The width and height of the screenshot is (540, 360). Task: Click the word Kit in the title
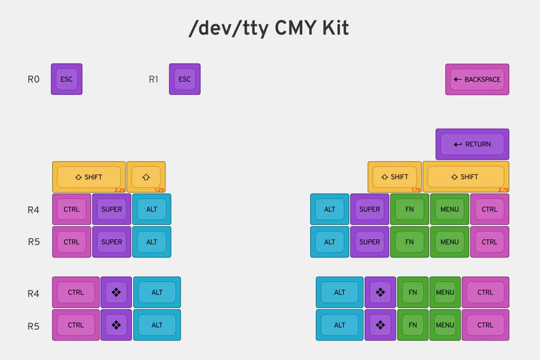click(331, 28)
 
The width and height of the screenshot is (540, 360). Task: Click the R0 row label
click(33, 79)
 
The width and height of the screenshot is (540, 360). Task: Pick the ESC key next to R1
click(184, 79)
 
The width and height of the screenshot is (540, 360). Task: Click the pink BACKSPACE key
click(477, 79)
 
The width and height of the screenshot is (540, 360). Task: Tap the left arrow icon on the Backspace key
click(457, 79)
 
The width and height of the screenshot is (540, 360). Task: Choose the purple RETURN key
click(472, 144)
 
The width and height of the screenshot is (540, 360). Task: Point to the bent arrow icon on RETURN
click(457, 144)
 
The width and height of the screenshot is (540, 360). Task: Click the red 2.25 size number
click(119, 190)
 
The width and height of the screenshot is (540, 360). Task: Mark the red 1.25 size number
click(159, 190)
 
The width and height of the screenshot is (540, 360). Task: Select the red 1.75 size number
click(415, 190)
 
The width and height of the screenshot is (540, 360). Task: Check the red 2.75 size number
click(503, 190)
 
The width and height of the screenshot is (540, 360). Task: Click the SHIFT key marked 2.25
click(88, 176)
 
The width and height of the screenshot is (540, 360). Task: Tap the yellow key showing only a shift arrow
click(146, 176)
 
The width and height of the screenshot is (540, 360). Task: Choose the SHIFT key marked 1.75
click(394, 176)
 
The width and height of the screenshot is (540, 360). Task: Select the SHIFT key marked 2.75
click(465, 176)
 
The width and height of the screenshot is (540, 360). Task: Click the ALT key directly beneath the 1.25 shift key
click(151, 209)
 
